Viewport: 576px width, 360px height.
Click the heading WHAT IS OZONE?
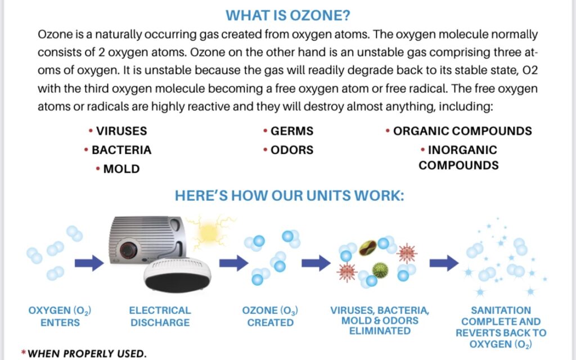point(288,15)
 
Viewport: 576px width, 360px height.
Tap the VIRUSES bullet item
point(121,131)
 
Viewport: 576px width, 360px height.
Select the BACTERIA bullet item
point(121,150)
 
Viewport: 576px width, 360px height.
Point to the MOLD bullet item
point(121,169)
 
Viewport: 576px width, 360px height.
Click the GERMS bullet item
point(291,131)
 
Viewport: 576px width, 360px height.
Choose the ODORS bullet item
point(291,150)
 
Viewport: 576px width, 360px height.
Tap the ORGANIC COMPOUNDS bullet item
point(462,131)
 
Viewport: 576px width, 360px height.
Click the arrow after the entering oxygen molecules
point(89,262)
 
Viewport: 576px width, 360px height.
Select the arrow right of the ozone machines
point(233,262)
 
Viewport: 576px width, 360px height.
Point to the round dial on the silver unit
point(134,248)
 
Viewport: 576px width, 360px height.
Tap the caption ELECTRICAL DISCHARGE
point(160,317)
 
